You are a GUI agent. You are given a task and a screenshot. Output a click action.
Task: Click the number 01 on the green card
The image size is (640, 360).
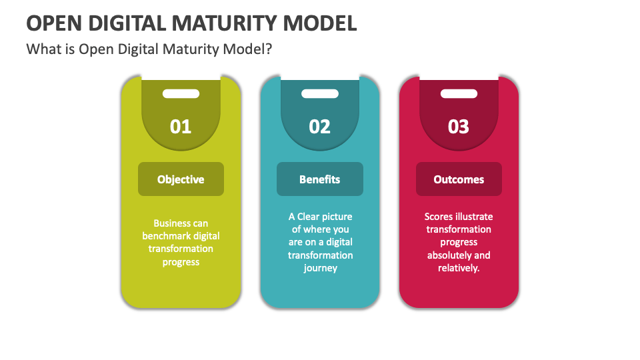tap(181, 126)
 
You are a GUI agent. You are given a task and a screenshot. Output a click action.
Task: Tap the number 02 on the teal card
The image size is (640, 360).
tap(320, 126)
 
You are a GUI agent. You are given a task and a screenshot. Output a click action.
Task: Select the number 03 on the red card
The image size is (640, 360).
tap(459, 126)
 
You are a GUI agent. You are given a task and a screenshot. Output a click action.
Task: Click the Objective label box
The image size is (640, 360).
tap(181, 179)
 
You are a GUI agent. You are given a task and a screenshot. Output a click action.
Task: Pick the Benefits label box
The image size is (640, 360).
tap(320, 179)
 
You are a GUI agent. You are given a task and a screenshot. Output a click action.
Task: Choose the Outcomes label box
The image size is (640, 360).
tap(459, 179)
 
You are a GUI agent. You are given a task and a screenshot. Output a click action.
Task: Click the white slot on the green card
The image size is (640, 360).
tap(181, 94)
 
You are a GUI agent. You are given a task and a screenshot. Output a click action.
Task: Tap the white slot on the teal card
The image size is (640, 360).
tap(320, 94)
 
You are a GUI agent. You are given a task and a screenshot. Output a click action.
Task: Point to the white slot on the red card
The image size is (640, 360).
tap(459, 94)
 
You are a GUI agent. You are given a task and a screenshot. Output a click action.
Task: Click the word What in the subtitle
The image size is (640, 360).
tap(41, 49)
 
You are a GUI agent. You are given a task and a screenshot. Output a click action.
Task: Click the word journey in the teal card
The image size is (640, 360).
tap(320, 268)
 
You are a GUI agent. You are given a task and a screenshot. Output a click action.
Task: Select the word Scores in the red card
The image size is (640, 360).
tap(438, 217)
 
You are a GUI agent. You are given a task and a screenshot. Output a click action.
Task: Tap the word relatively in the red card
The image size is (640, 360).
tap(458, 268)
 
